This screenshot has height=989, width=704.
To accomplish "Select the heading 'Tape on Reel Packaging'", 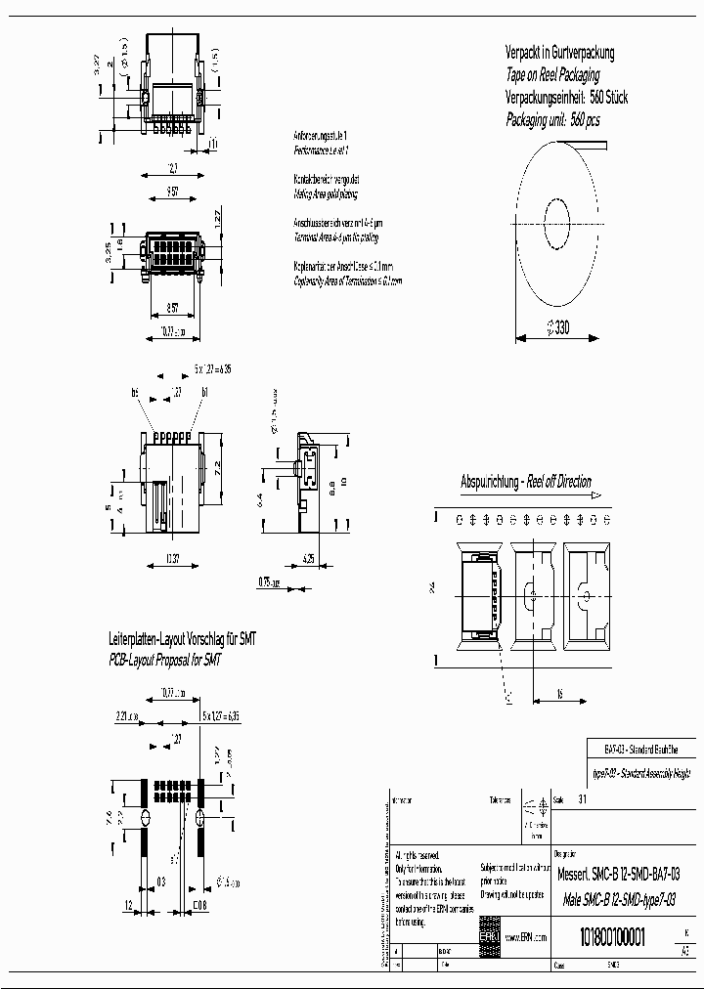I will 552,75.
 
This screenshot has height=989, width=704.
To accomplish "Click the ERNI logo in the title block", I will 488,936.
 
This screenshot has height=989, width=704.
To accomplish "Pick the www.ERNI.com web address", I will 527,937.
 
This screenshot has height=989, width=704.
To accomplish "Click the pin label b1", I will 205,392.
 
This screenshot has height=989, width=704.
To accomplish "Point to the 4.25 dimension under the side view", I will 308,560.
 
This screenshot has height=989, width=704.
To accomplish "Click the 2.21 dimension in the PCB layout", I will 125,716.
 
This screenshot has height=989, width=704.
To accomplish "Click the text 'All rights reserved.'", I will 419,855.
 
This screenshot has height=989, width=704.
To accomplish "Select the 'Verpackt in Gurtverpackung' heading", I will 559,53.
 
